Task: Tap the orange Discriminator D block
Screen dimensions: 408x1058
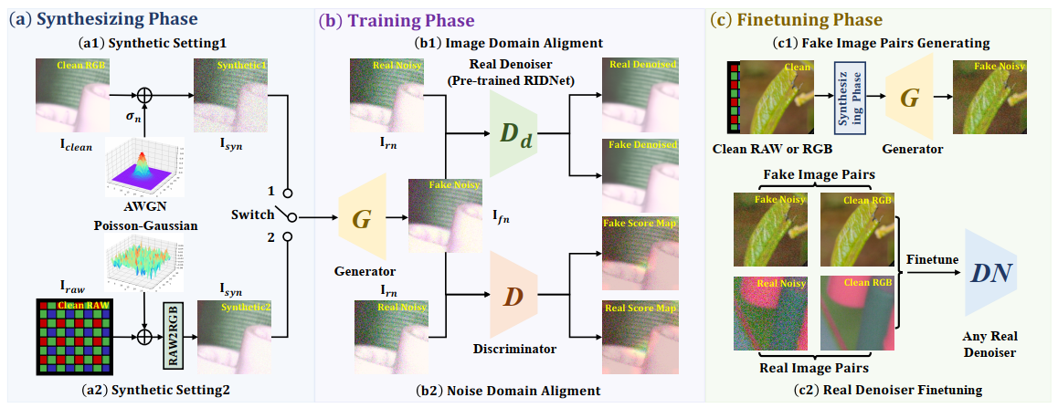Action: [x=513, y=297]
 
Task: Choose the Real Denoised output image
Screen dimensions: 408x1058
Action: [x=640, y=89]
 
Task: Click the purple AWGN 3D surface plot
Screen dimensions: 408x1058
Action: [x=142, y=169]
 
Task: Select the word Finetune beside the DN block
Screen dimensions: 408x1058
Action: [x=932, y=259]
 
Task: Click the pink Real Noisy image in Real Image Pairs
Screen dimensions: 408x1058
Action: [x=769, y=311]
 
